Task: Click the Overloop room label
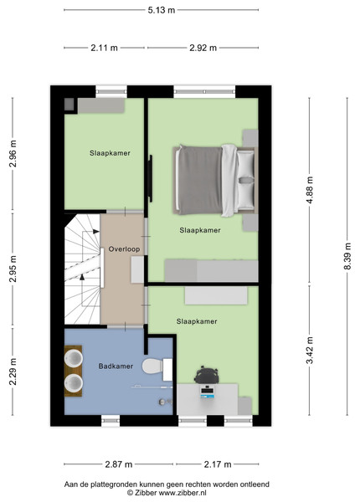(124, 249)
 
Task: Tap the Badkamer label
(116, 366)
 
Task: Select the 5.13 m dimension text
(162, 10)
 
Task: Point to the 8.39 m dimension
(347, 256)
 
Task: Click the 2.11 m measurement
(104, 48)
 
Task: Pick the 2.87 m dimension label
(119, 464)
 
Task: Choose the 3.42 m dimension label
(310, 351)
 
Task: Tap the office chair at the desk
(207, 375)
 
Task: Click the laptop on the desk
(208, 392)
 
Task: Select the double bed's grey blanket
(199, 180)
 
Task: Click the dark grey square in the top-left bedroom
(69, 104)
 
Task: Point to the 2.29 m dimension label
(13, 371)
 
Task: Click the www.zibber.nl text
(183, 493)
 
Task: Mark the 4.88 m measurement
(310, 190)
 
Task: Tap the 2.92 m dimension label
(203, 48)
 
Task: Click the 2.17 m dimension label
(218, 464)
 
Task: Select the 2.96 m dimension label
(13, 154)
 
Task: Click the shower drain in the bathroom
(163, 402)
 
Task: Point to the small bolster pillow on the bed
(246, 180)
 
